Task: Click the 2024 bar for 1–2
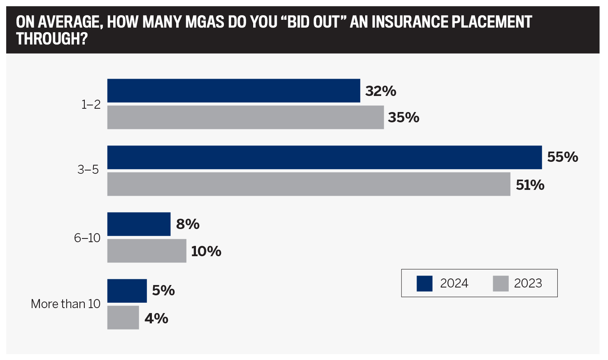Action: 233,91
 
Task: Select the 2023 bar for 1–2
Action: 245,117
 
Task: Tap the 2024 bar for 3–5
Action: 324,157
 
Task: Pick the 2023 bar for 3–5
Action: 309,184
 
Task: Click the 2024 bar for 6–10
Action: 139,224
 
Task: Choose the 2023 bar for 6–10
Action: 147,251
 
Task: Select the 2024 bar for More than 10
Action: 127,291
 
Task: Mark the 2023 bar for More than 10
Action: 123,318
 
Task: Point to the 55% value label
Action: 562,157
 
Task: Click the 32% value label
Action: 380,91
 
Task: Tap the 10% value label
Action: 206,251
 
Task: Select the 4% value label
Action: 156,318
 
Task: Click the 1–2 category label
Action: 91,105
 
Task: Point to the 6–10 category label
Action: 87,238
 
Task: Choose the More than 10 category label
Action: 65,304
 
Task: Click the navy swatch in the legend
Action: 424,283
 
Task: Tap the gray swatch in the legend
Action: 501,283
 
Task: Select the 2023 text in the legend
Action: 528,283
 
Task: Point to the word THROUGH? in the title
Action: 52,39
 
